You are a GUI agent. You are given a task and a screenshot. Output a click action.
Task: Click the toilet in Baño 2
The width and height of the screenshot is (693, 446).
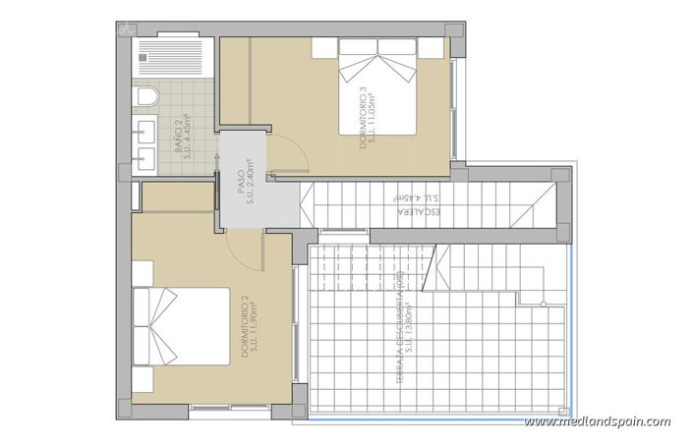pos(144,97)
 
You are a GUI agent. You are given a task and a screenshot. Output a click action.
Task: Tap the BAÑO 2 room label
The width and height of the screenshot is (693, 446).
pos(178,138)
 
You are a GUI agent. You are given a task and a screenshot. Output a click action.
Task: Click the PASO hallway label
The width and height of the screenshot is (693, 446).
pos(240,183)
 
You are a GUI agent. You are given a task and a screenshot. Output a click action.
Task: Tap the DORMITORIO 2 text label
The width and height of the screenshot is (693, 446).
pos(242,328)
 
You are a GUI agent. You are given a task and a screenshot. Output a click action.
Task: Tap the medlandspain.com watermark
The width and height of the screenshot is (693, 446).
pos(597,421)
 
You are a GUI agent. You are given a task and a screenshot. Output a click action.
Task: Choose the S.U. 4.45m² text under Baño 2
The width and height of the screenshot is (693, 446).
pos(189,138)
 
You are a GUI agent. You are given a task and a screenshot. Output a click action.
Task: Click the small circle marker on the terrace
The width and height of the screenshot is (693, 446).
pos(542,306)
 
